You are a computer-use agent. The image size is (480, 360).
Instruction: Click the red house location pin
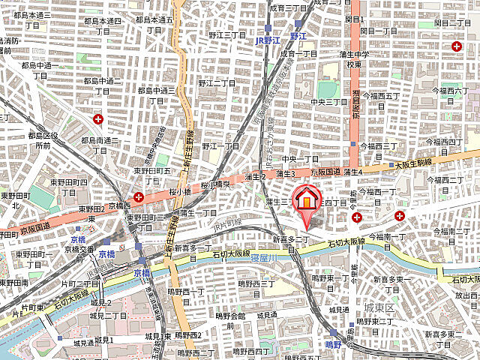point(305,200)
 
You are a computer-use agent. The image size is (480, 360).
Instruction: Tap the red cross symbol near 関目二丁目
point(457,46)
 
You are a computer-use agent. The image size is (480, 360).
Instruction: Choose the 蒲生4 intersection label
point(353,172)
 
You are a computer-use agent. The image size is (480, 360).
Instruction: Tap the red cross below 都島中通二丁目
point(97,118)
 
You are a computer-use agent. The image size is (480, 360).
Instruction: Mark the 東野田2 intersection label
point(94,208)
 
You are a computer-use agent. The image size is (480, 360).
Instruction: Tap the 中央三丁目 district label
point(331,103)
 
